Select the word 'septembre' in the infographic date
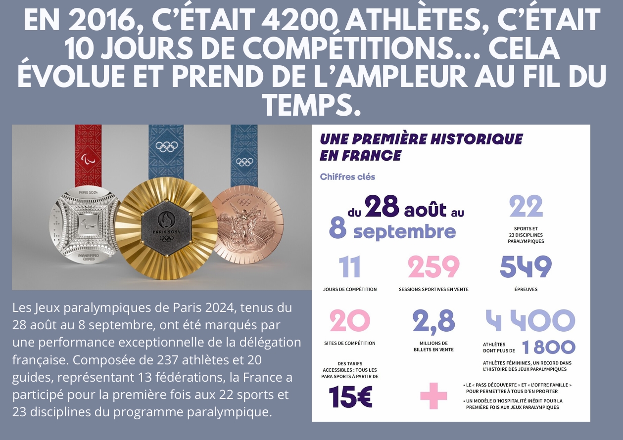pos(405,231)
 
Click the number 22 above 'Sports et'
pos(526,207)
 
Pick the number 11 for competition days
pos(349,267)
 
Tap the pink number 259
pos(433,267)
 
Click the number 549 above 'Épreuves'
pos(526,267)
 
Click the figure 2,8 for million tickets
pos(433,321)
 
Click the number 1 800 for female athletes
pos(548,348)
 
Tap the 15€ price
pos(350,396)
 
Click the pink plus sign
pos(433,396)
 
